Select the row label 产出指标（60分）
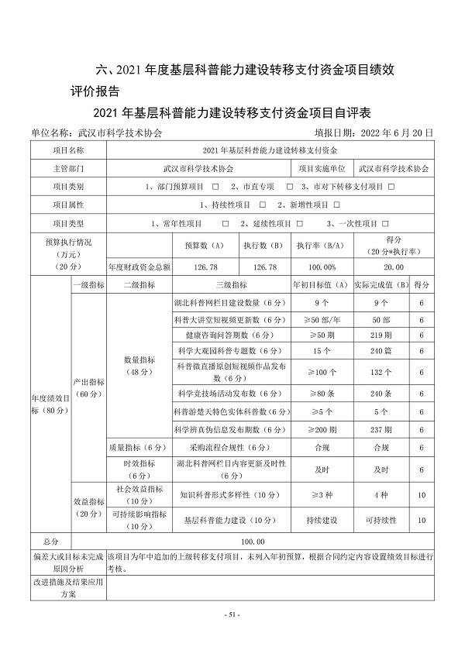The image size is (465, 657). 88,387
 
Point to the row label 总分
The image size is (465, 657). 60,542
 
